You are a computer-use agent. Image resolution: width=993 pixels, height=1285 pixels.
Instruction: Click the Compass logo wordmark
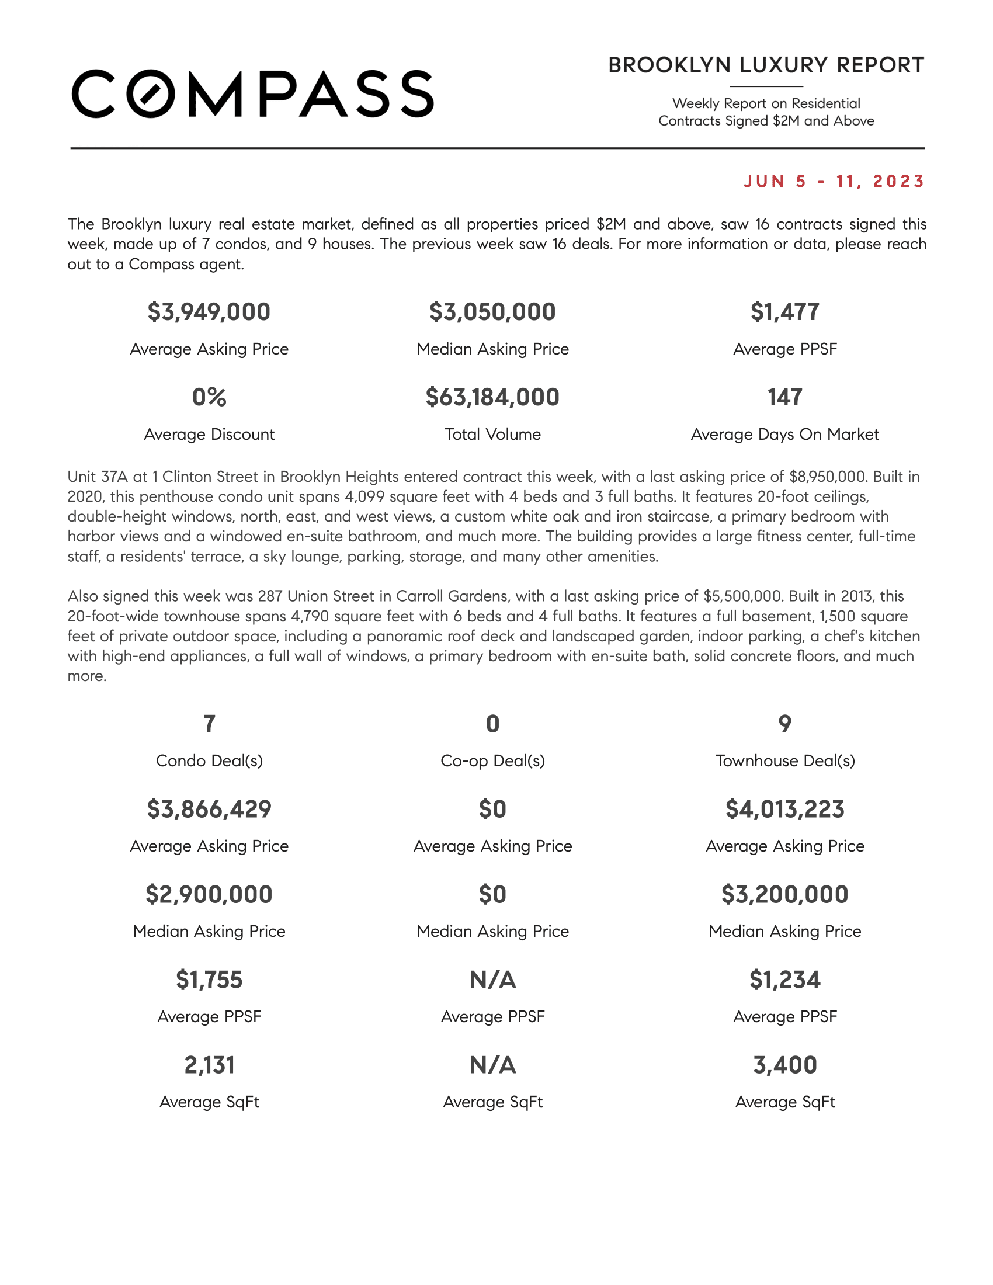click(253, 94)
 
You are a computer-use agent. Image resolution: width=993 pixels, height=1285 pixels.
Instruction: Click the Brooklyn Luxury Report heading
click(766, 65)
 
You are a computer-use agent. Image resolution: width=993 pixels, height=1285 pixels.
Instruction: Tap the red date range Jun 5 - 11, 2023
click(834, 181)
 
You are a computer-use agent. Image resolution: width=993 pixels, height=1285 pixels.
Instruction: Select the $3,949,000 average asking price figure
click(209, 312)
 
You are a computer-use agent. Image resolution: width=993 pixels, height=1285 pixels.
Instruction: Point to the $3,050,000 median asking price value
click(492, 312)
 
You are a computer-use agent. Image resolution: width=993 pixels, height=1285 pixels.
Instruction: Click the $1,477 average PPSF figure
click(784, 312)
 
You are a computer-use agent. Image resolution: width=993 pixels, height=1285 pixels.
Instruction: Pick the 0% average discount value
click(209, 397)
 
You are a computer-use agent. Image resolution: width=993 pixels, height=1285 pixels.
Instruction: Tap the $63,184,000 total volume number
click(492, 397)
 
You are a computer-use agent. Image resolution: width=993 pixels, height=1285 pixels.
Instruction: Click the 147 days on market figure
click(784, 397)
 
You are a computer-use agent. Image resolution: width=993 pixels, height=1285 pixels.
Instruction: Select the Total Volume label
click(492, 434)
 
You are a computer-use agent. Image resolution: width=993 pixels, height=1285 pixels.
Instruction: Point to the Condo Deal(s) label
click(209, 760)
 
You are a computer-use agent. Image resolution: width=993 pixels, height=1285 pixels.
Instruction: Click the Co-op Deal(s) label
click(492, 760)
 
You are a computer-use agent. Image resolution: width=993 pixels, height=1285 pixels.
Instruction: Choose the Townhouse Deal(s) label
click(784, 760)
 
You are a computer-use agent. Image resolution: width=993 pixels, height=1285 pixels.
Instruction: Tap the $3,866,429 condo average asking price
click(209, 810)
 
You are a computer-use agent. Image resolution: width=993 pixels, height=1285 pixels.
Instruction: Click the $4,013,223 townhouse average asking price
click(784, 810)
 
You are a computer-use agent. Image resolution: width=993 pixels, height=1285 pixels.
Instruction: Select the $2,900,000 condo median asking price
click(209, 895)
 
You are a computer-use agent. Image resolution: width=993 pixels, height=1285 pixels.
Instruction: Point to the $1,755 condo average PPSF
click(209, 980)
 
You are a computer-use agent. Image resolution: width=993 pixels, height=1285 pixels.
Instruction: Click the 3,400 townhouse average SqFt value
click(784, 1065)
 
